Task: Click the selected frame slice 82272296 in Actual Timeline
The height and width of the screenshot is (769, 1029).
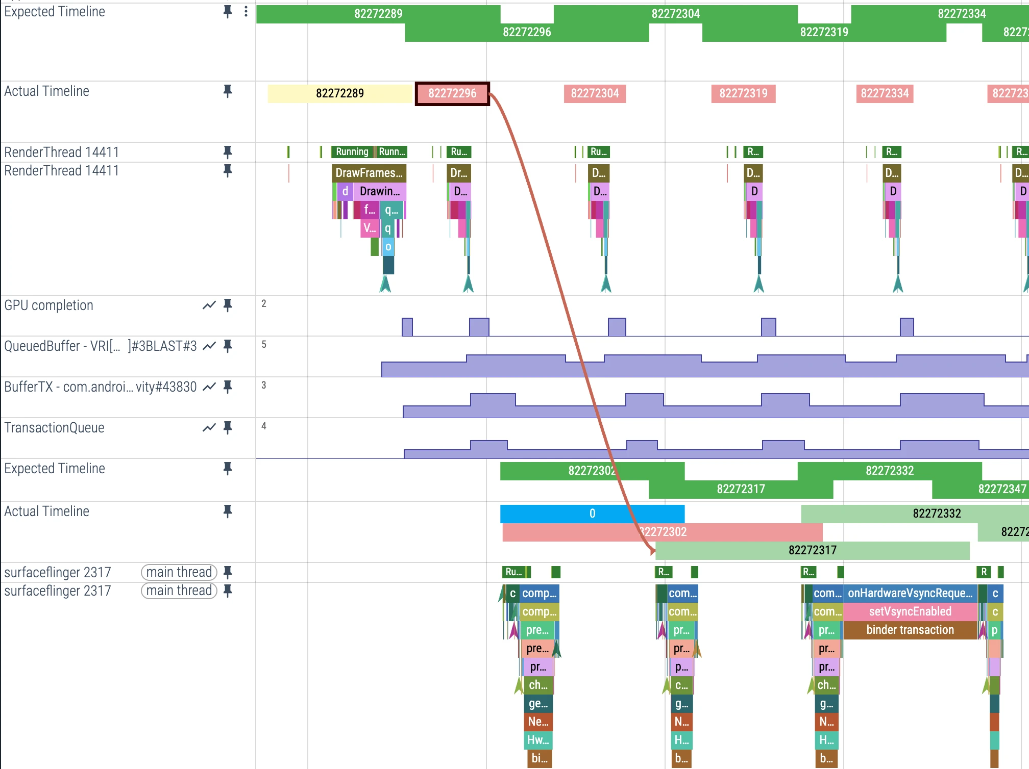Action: coord(452,93)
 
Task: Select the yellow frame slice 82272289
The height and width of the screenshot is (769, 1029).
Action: coord(339,93)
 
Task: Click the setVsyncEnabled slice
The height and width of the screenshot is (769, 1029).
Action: coord(910,611)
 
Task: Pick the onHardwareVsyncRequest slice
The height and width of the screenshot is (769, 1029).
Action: coord(910,593)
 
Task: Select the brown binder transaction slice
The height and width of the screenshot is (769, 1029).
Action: coord(910,630)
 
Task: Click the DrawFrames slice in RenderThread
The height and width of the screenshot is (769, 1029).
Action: coord(369,173)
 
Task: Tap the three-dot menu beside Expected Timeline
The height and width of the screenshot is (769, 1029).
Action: coord(246,12)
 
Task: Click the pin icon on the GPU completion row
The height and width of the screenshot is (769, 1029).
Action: coord(228,305)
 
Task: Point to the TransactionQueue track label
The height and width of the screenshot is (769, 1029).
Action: coord(54,428)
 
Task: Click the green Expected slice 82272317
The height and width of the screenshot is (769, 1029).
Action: coord(741,489)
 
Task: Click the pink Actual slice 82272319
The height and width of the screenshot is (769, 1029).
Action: coord(743,93)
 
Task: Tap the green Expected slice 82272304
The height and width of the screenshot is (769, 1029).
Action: coord(675,14)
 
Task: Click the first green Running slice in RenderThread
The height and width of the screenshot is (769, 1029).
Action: coord(352,151)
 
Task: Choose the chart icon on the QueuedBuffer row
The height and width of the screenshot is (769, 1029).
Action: coord(209,346)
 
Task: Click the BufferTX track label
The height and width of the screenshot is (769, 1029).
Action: coord(100,387)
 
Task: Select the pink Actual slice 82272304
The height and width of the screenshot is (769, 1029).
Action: coord(595,93)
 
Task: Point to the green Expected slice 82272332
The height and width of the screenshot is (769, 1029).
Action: coord(889,471)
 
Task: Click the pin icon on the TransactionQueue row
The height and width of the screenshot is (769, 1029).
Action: coord(228,428)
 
